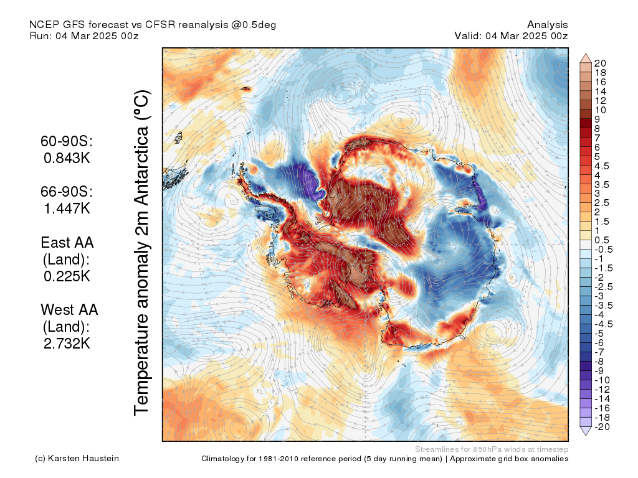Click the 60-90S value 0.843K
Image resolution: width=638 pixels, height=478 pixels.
[67, 157]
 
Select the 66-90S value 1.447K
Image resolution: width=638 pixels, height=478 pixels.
[67, 208]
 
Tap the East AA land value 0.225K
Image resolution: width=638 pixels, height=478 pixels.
[67, 276]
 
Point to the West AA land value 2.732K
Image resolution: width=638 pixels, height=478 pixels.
[67, 344]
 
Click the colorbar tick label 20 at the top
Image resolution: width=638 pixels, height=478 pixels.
[600, 63]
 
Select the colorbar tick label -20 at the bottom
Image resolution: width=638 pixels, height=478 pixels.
[602, 427]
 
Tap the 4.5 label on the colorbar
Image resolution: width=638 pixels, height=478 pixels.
[602, 166]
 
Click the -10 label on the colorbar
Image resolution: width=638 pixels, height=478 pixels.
[602, 380]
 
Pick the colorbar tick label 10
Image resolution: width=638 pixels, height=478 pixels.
[600, 110]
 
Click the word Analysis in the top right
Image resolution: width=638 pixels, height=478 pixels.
[547, 25]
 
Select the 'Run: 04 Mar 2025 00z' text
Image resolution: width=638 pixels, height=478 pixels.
[84, 35]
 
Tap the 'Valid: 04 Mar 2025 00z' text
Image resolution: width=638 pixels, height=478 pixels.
[511, 35]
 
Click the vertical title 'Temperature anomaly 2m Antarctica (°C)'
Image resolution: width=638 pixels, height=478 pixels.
[142, 253]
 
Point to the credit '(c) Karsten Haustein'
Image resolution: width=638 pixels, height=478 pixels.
[77, 459]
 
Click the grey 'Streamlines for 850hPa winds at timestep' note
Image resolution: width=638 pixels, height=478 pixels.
[492, 449]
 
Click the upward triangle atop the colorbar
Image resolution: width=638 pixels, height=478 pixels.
[586, 58]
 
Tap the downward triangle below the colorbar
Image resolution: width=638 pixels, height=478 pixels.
[586, 431]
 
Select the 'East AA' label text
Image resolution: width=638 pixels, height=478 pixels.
[67, 243]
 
